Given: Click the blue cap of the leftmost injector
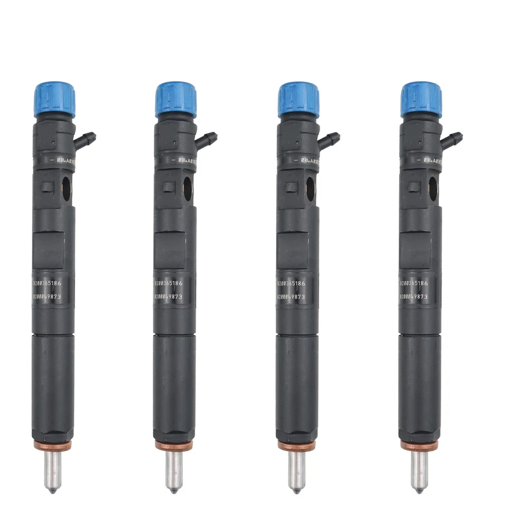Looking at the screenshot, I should coord(54,99).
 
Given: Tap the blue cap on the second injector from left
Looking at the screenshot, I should coord(176,99).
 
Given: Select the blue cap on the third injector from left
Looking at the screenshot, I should coord(299,99).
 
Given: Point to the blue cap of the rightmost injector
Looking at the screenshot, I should coord(422,99).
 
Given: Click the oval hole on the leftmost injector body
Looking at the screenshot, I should coord(66,188).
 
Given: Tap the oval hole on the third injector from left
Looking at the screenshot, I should coord(310,188).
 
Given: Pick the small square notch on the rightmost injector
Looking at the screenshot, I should coord(414,187).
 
